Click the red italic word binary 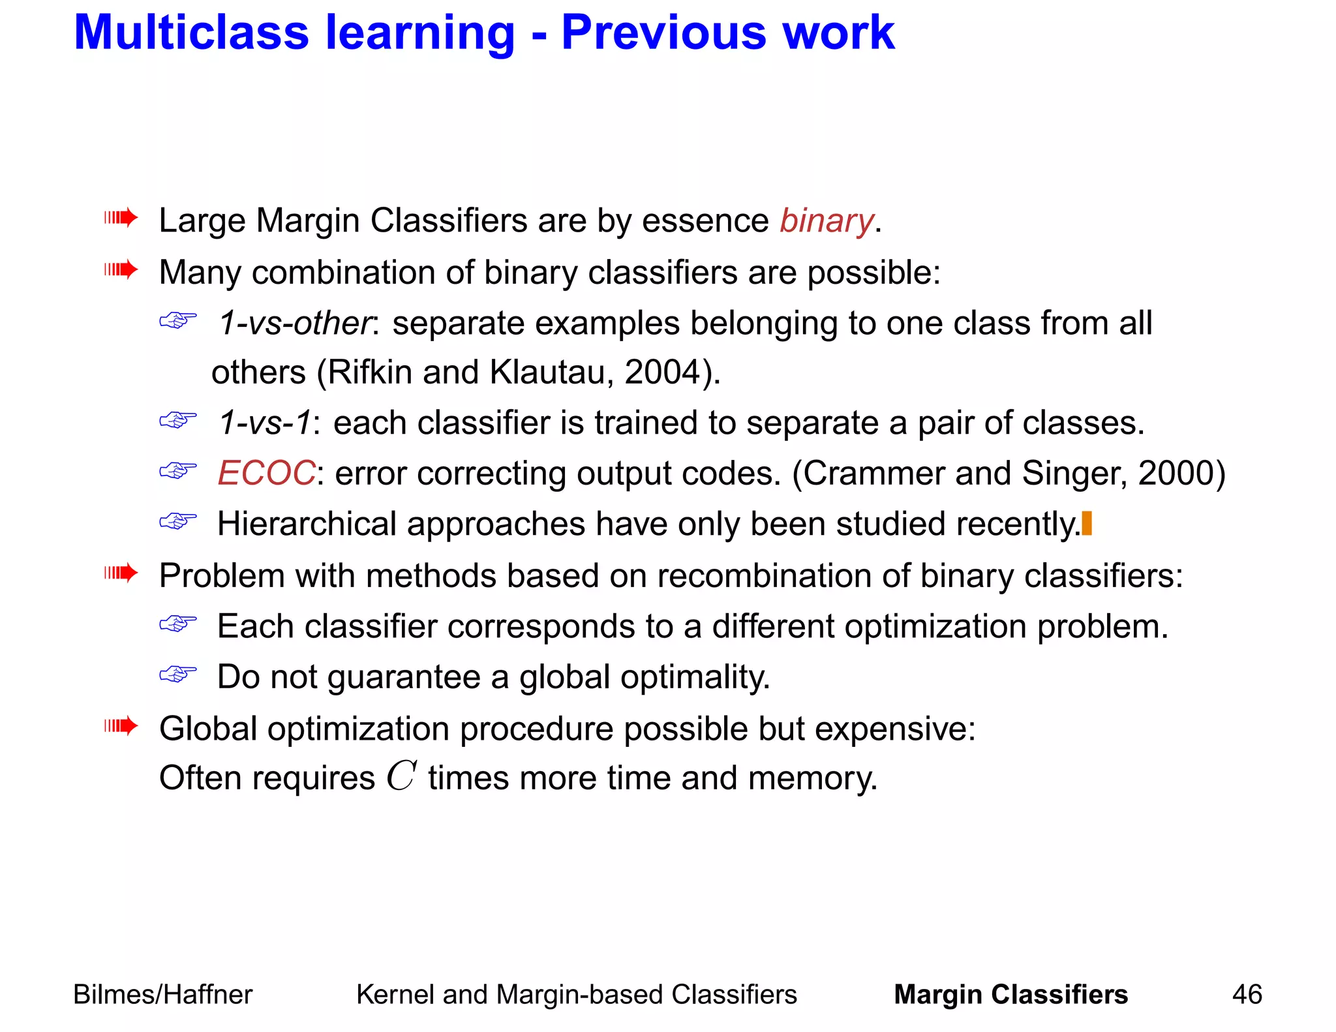[x=827, y=220]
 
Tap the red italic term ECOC [x=266, y=473]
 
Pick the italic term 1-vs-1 [x=264, y=423]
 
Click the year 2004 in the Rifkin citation [x=662, y=372]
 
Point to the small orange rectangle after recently [x=1087, y=524]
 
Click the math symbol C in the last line [x=401, y=776]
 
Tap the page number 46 [x=1247, y=995]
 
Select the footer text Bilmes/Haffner [x=162, y=995]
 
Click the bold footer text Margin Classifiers [x=1010, y=995]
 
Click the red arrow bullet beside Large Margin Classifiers [x=121, y=217]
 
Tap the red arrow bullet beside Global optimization [x=121, y=725]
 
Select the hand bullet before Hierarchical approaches [x=178, y=521]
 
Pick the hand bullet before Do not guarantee [x=178, y=674]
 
